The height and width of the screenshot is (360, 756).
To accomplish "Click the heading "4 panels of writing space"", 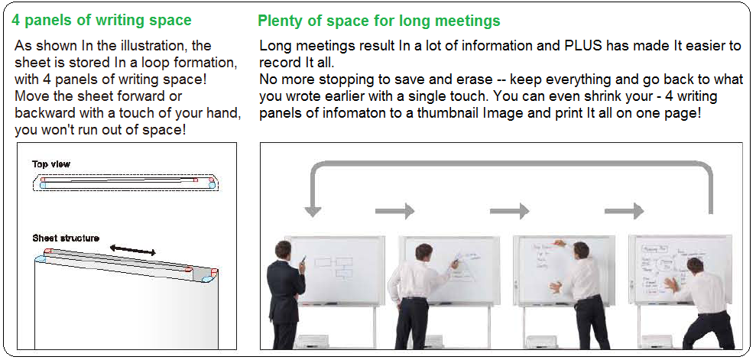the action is pyautogui.click(x=102, y=20).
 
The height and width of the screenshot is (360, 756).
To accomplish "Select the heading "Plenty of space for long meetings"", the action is pyautogui.click(x=379, y=21).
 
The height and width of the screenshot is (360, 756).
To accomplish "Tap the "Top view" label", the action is pyautogui.click(x=51, y=164).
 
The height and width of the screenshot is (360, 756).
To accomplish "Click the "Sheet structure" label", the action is pyautogui.click(x=66, y=238).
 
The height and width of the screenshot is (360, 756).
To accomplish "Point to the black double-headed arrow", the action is pyautogui.click(x=132, y=250).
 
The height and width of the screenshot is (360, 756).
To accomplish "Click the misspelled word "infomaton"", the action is pyautogui.click(x=346, y=114).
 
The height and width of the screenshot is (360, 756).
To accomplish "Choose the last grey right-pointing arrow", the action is pyautogui.click(x=625, y=211).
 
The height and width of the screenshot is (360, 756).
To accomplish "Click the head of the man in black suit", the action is pyautogui.click(x=283, y=250).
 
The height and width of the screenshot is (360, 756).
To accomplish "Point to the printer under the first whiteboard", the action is pyautogui.click(x=313, y=341).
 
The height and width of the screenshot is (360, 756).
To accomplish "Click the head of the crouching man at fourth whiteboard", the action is pyautogui.click(x=695, y=267).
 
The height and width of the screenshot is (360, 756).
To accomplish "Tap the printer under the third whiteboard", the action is pyautogui.click(x=541, y=341).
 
